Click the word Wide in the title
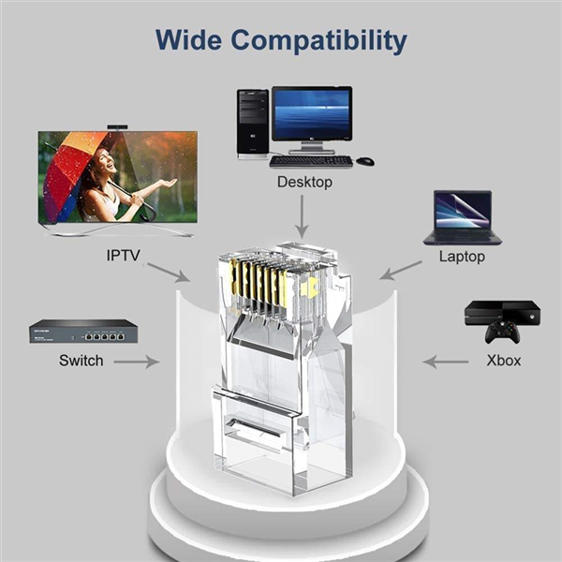pyautogui.click(x=188, y=39)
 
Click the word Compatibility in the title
pyautogui.click(x=319, y=41)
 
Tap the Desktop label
pyautogui.click(x=304, y=182)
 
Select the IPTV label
pyautogui.click(x=124, y=255)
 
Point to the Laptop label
pyautogui.click(x=462, y=257)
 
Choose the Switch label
pyautogui.click(x=81, y=361)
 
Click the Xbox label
pyautogui.click(x=504, y=361)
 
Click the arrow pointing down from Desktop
pyautogui.click(x=303, y=216)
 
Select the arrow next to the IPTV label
pyautogui.click(x=169, y=273)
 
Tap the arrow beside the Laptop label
pyautogui.click(x=401, y=271)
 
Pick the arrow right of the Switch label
pyautogui.click(x=137, y=362)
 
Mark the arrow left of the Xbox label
pyautogui.click(x=446, y=362)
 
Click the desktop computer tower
pyautogui.click(x=253, y=124)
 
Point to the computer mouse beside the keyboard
pyautogui.click(x=365, y=161)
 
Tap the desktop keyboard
pyautogui.click(x=311, y=162)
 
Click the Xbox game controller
pyautogui.click(x=502, y=332)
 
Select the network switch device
pyautogui.click(x=83, y=332)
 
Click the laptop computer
pyautogui.click(x=463, y=217)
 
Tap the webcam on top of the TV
pyautogui.click(x=118, y=127)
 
